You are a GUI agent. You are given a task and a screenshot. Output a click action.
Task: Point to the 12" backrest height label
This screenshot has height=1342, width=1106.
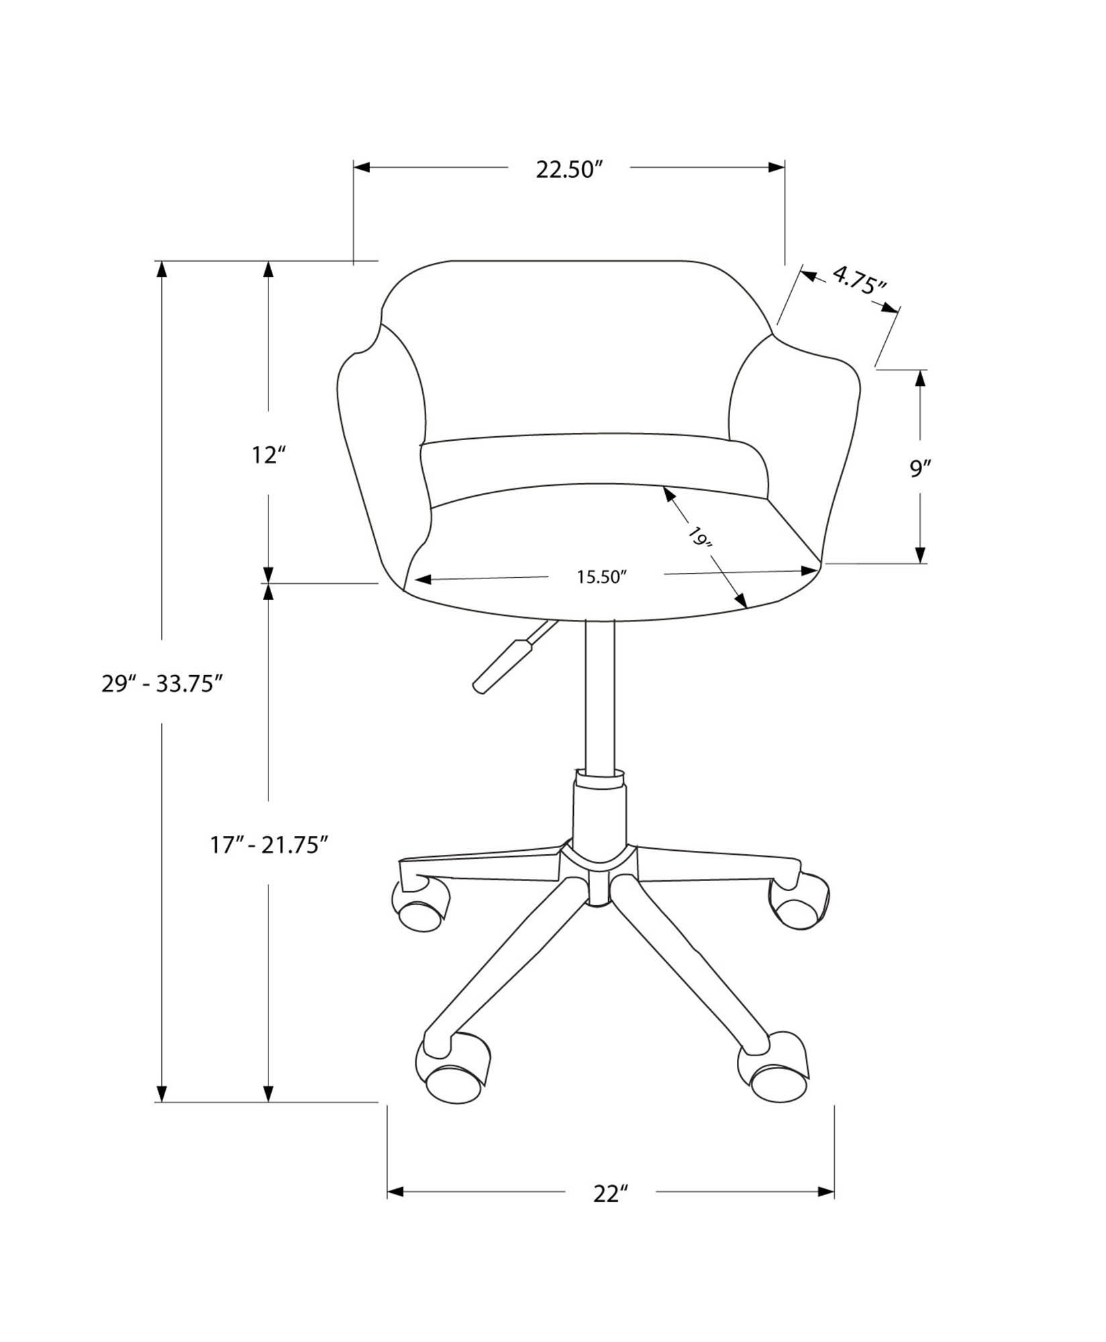[269, 456]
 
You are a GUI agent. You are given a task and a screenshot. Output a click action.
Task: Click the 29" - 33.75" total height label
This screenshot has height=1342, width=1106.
[162, 684]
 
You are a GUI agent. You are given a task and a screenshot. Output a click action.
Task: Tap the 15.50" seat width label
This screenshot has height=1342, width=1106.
[601, 577]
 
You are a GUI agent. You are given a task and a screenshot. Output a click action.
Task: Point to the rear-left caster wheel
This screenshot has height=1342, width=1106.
[419, 908]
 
